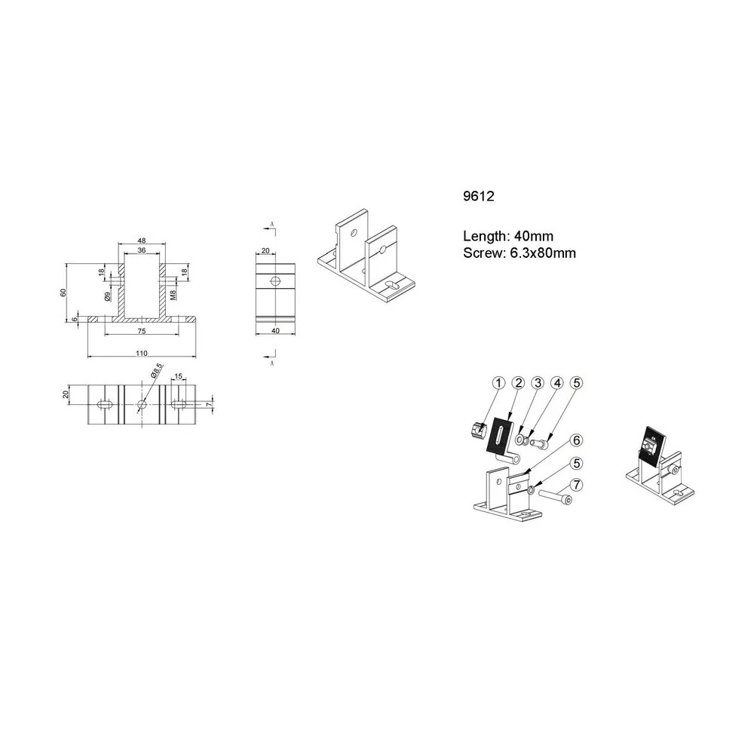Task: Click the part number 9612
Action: click(479, 196)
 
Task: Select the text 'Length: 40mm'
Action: click(508, 236)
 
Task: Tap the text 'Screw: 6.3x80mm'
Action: click(520, 253)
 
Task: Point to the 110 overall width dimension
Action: click(142, 354)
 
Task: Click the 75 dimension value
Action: click(142, 331)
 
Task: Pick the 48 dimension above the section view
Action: click(142, 241)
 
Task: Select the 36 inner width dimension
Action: click(142, 250)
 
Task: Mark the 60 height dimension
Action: click(63, 293)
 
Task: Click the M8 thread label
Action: click(173, 293)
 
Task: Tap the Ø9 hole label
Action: click(108, 296)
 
